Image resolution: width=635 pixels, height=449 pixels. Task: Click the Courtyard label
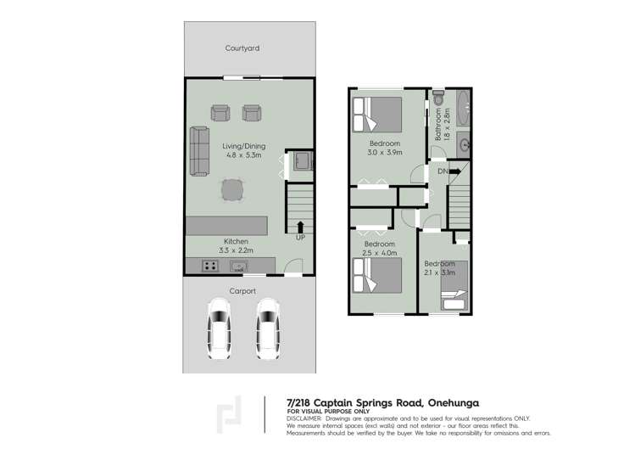(x=242, y=48)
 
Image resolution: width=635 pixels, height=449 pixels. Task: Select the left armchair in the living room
(x=220, y=112)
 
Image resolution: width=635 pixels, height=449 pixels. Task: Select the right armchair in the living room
(x=251, y=112)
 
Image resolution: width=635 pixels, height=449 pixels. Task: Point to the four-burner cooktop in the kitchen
(x=209, y=267)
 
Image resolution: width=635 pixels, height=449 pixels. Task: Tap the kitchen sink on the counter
(x=240, y=267)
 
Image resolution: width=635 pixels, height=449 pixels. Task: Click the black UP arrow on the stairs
(x=299, y=227)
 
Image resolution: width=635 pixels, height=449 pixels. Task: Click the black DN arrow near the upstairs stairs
(x=454, y=171)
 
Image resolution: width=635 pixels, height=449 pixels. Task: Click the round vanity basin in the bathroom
(x=464, y=145)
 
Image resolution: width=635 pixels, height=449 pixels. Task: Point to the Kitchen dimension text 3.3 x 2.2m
(x=236, y=251)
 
